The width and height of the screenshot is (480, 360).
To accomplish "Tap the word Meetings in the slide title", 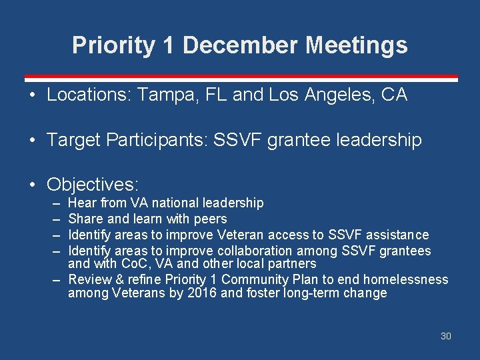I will coord(357,45).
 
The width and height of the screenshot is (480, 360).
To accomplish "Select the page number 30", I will coord(445,336).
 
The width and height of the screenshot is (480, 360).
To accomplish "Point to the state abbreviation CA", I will coord(394,95).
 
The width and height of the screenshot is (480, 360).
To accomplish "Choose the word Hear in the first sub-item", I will coord(81,203).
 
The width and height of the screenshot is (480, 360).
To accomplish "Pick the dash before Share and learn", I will coord(54,219).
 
